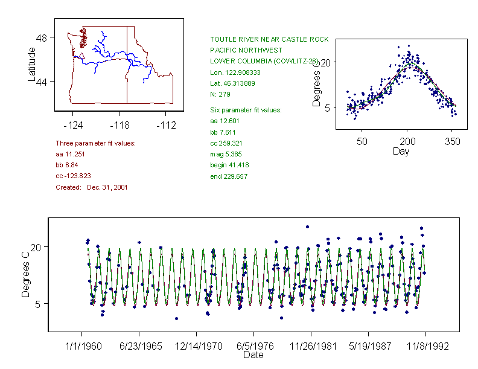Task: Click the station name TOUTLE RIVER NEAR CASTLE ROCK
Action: click(269, 39)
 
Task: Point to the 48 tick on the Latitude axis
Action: click(42, 37)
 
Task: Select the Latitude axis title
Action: click(32, 64)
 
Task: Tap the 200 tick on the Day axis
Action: click(407, 141)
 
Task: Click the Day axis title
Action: click(400, 152)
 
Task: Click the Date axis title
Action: click(253, 355)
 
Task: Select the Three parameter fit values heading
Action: click(95, 143)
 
